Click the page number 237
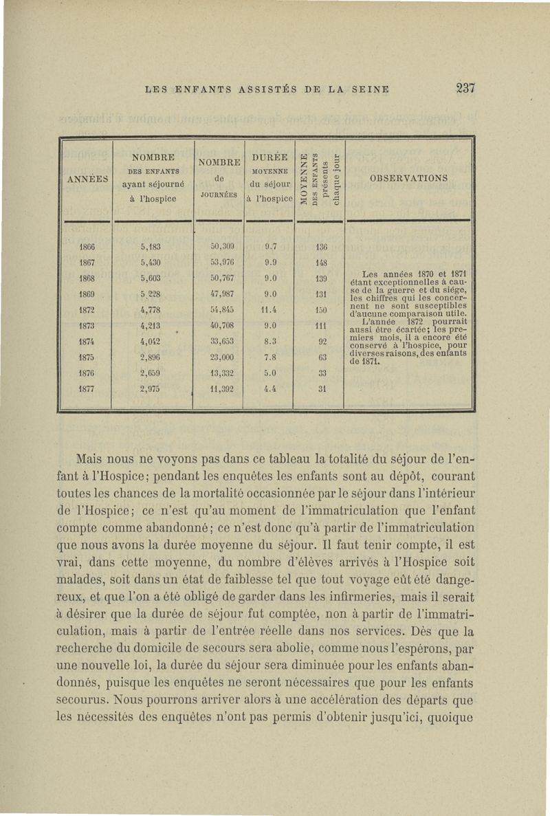point(465,88)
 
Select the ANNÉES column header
point(86,178)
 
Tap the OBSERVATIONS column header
point(408,178)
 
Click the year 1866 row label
point(86,247)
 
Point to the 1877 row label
point(86,388)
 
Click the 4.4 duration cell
point(270,388)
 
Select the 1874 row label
point(86,341)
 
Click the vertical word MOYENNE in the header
point(303,178)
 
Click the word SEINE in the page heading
point(371,89)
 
